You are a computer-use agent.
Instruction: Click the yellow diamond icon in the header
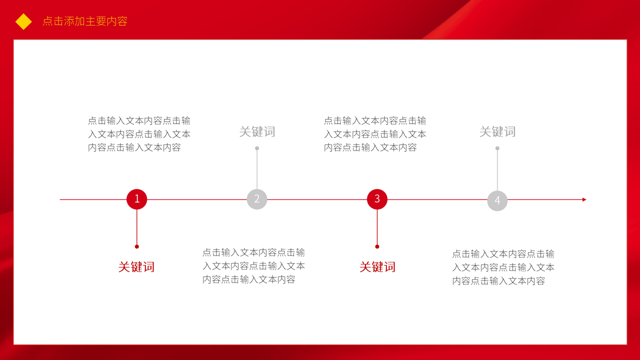[23, 21]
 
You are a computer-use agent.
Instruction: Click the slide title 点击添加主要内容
[85, 21]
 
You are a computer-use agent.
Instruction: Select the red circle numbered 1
[136, 199]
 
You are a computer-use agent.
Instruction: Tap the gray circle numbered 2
[257, 199]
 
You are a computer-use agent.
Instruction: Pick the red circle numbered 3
[377, 199]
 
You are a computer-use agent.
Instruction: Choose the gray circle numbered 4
[497, 200]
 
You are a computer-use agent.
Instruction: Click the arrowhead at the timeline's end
[584, 199]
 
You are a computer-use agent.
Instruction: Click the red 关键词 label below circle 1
[136, 267]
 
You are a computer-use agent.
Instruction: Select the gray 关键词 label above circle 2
[257, 132]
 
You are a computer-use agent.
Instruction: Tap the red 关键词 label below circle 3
[377, 267]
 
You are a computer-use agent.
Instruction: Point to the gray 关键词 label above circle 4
[497, 132]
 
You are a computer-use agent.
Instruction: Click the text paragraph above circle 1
[139, 134]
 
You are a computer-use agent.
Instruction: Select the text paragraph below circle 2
[253, 266]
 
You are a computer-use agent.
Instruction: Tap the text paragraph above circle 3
[375, 134]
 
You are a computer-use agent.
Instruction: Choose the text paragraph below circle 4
[503, 267]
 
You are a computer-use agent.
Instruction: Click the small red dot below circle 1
[136, 246]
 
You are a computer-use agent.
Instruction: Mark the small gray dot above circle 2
[257, 148]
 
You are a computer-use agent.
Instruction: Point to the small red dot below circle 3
[377, 246]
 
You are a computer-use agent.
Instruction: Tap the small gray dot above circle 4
[497, 148]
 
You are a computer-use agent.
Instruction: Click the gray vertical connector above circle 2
[257, 169]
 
